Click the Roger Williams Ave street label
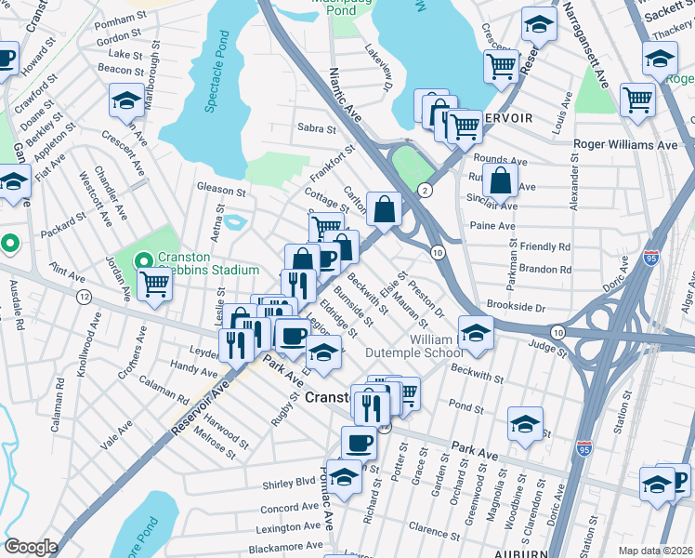625,145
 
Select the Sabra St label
316,127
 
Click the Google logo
31,547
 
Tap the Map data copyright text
655,551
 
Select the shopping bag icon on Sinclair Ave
500,180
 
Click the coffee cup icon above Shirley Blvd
359,443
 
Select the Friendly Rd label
544,247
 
